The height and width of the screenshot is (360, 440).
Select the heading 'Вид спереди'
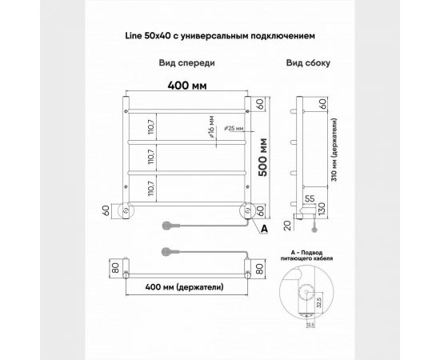point(186,62)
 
